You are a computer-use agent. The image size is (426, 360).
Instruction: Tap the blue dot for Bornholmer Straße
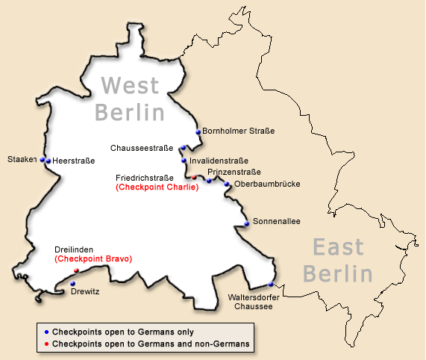pyautogui.click(x=198, y=132)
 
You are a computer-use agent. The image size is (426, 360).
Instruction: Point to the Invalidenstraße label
pyautogui.click(x=219, y=160)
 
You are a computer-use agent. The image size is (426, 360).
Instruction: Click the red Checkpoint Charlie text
pyautogui.click(x=157, y=187)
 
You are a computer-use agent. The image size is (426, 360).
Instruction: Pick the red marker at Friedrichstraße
pyautogui.click(x=195, y=178)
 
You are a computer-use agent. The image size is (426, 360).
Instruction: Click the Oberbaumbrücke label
pyautogui.click(x=266, y=184)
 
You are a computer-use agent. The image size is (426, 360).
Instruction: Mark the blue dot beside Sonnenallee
pyautogui.click(x=246, y=223)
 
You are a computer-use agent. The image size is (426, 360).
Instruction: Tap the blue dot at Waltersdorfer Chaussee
pyautogui.click(x=271, y=285)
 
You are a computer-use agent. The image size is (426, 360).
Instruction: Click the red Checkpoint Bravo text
pyautogui.click(x=93, y=258)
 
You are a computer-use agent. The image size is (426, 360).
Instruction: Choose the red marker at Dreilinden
pyautogui.click(x=76, y=270)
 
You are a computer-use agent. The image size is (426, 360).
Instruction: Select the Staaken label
pyautogui.click(x=22, y=159)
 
